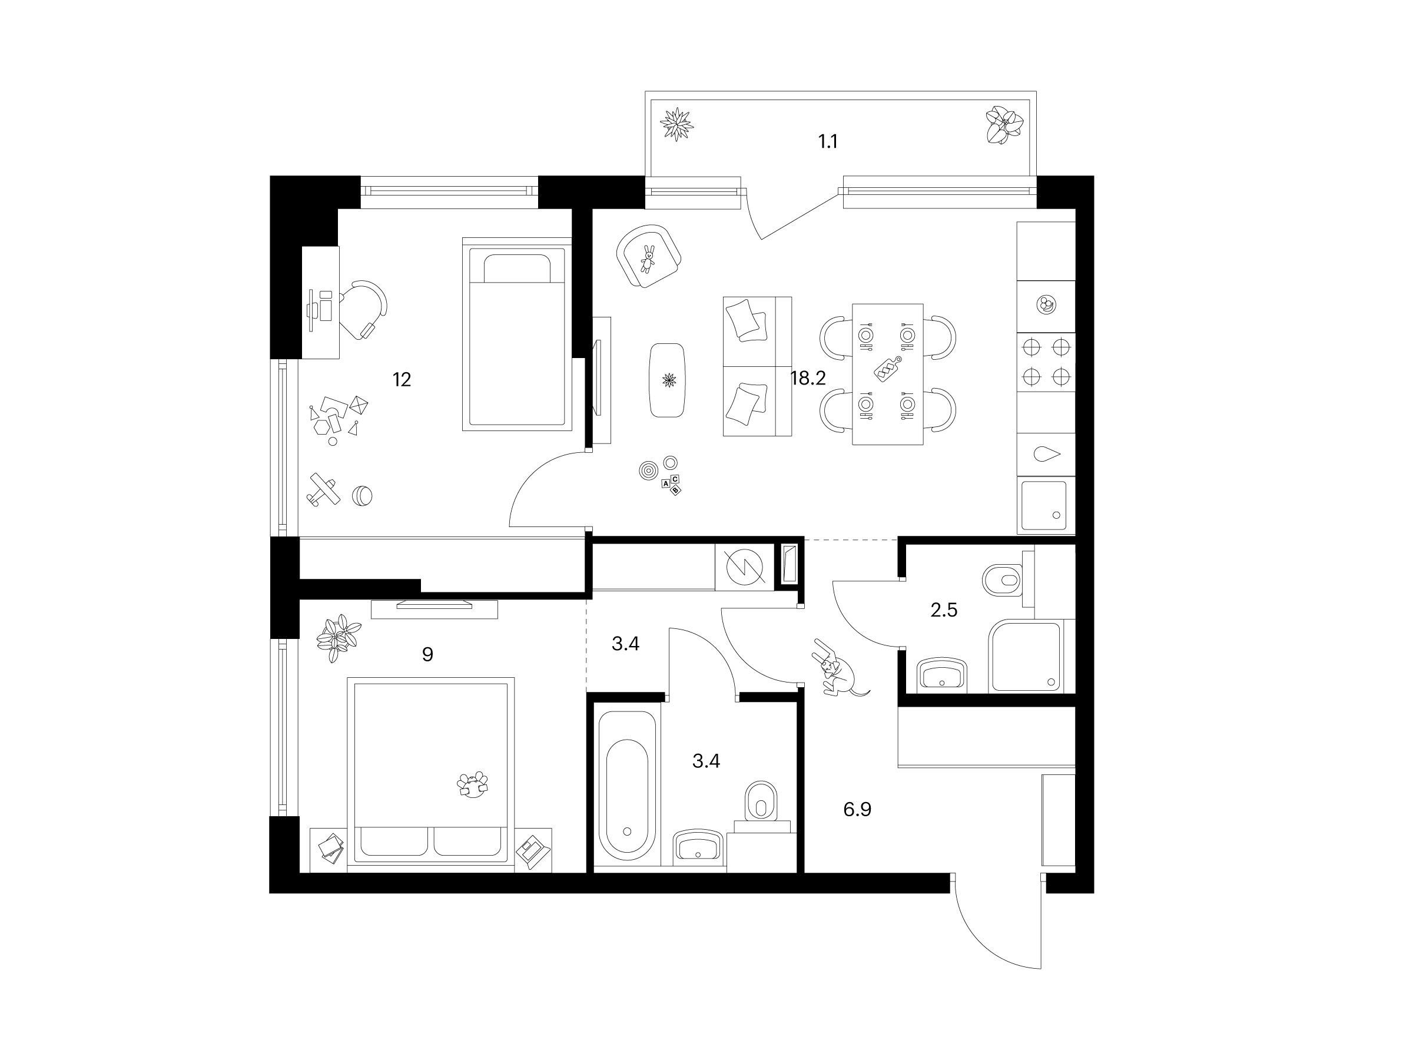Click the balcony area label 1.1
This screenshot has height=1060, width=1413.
click(x=828, y=141)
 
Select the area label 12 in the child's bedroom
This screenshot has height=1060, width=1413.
click(x=401, y=379)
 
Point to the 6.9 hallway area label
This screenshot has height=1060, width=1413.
click(x=857, y=810)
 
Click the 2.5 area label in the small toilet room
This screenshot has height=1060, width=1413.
click(x=944, y=610)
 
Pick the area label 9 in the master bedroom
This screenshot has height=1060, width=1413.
click(x=427, y=654)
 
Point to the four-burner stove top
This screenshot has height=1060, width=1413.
click(x=1045, y=361)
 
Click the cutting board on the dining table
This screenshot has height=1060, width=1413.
click(x=887, y=369)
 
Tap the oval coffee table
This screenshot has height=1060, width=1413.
click(x=668, y=380)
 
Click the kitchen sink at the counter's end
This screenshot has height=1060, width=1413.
click(x=1044, y=505)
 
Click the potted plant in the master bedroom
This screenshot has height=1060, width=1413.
click(x=338, y=638)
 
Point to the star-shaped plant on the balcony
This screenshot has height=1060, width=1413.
click(x=676, y=123)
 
